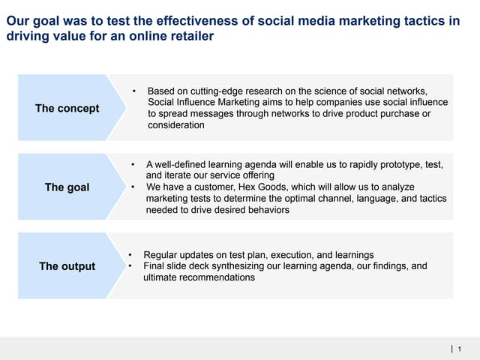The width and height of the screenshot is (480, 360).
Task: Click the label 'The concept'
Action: click(67, 108)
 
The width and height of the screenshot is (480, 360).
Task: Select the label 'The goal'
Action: click(67, 187)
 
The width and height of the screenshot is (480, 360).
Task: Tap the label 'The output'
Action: click(67, 266)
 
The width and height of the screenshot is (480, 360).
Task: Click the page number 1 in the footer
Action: click(459, 349)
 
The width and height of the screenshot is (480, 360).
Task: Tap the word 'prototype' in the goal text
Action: click(391, 163)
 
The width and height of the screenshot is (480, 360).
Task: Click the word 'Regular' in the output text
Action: click(161, 255)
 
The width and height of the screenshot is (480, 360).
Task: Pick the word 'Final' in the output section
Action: click(154, 266)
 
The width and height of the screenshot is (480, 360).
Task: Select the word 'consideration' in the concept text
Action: click(175, 125)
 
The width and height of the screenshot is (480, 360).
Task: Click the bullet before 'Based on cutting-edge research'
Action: click(133, 91)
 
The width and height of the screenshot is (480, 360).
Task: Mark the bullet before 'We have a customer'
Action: click(133, 187)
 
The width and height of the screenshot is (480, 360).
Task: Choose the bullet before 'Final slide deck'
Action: click(130, 266)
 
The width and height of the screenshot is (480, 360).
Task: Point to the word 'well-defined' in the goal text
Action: click(181, 163)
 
